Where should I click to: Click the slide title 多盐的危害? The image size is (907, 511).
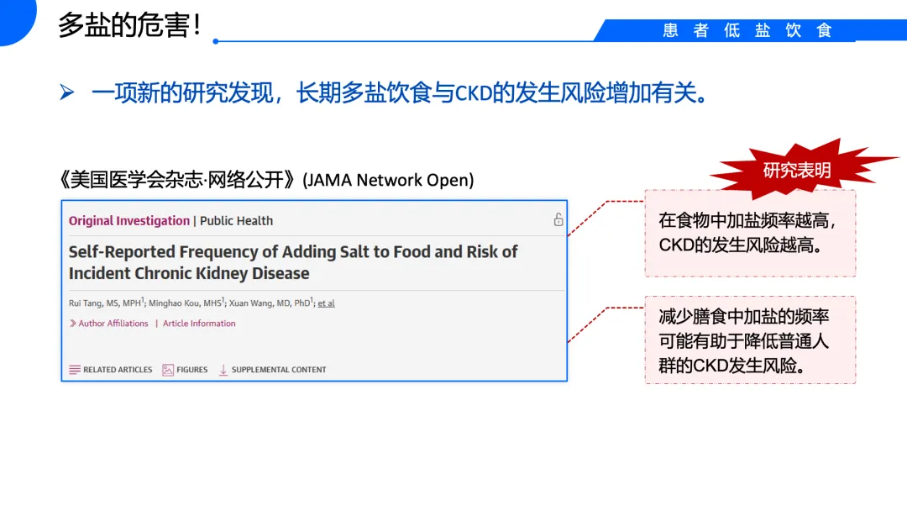[129, 25]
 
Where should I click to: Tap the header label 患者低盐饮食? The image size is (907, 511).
[747, 30]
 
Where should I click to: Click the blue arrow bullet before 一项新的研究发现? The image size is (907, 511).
[67, 92]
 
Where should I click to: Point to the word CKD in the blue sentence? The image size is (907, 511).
[472, 93]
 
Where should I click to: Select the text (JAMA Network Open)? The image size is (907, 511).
[389, 180]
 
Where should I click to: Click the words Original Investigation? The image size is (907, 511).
[129, 221]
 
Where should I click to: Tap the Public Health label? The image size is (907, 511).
[236, 221]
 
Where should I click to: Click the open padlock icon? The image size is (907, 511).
[558, 219]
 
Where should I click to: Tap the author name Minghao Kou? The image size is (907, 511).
[174, 303]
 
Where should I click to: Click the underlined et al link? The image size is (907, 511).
[326, 303]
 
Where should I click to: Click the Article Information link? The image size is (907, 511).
[199, 324]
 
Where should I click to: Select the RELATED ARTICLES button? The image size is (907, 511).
[111, 370]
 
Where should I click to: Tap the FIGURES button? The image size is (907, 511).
[186, 370]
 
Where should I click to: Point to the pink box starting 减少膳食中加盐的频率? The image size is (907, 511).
[750, 340]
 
